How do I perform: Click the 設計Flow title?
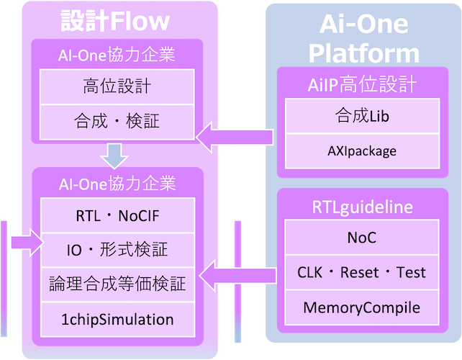tap(115, 21)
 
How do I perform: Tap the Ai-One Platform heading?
tap(364, 38)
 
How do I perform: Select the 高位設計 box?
tap(117, 86)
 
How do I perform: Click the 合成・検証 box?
tap(117, 122)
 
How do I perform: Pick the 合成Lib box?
tap(363, 116)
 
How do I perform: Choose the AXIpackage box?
tap(363, 151)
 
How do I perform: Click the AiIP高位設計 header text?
tap(363, 84)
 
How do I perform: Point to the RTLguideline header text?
tap(363, 207)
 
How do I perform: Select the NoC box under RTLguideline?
tap(362, 238)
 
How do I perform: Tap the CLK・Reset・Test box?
tap(362, 272)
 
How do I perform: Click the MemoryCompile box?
tap(362, 307)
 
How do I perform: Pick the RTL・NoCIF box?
tap(117, 215)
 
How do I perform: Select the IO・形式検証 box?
tap(117, 250)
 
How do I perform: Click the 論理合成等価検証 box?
tap(117, 285)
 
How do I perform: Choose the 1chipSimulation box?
tap(117, 320)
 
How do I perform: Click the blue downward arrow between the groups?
tap(114, 156)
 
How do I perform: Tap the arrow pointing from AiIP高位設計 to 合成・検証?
tap(235, 138)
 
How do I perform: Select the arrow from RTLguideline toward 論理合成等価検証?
tap(237, 276)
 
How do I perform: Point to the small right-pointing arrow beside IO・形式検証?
tap(27, 243)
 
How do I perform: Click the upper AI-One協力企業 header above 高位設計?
tap(117, 55)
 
